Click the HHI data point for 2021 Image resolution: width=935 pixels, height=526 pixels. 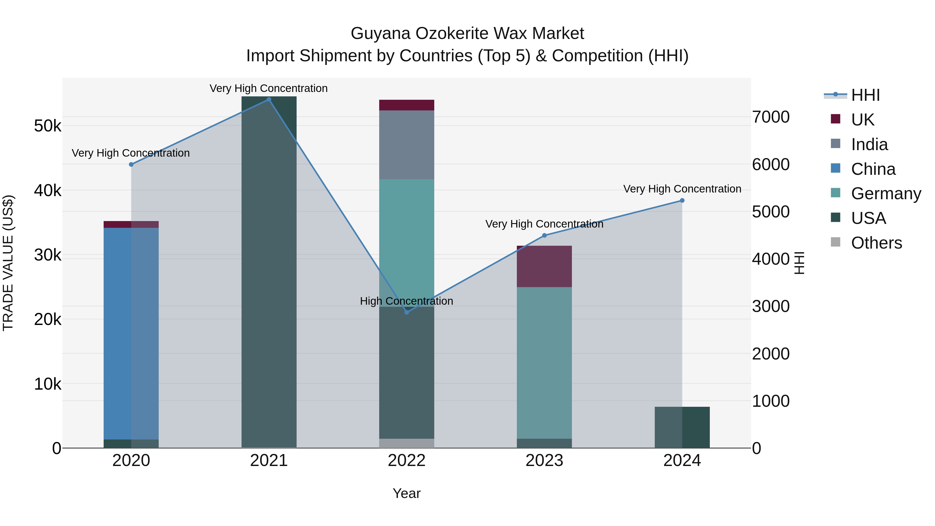point(269,99)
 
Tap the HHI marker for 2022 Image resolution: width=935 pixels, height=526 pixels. point(406,312)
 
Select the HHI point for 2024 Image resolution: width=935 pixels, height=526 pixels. point(682,200)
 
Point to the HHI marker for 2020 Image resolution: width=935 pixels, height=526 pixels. point(131,164)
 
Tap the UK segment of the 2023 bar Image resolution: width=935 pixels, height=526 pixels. point(544,267)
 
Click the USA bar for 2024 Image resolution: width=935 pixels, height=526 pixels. point(682,427)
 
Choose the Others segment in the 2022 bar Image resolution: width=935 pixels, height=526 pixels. point(406,443)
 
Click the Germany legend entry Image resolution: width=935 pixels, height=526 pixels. point(886,194)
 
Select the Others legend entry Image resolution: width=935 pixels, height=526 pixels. point(876,243)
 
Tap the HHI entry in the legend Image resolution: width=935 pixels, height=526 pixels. point(865,95)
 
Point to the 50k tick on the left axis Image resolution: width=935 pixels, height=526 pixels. point(48,126)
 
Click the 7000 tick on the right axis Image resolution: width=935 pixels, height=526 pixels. point(771,117)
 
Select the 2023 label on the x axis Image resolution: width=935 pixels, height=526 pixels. point(544,461)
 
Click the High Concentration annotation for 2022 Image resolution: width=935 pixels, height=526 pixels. point(406,301)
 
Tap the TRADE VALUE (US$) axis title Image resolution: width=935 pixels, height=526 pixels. point(8,263)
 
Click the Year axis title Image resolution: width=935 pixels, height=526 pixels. point(406,493)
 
